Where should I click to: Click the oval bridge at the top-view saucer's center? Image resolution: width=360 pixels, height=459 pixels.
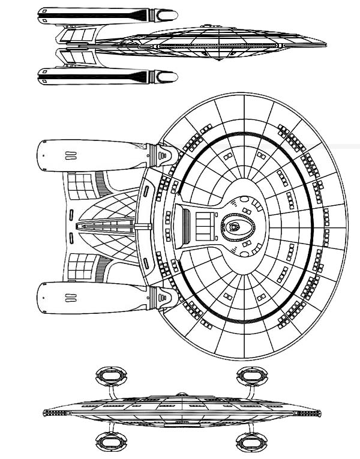point(235,226)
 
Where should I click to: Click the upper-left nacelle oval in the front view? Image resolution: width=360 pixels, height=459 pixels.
point(112,377)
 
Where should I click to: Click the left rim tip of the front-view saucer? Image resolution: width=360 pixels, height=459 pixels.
point(46,413)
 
